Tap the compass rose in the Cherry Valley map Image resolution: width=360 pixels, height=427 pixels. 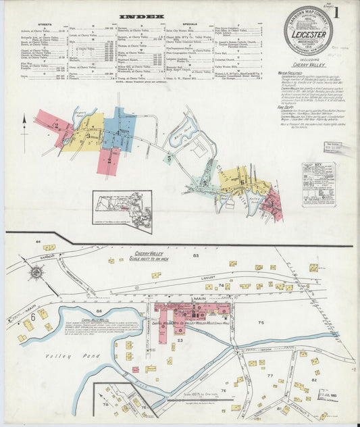pos(36,273)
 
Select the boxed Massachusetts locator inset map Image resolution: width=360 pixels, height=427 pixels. pos(122,210)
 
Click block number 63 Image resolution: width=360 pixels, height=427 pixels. pos(195,256)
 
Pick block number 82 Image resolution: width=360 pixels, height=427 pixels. pos(315,381)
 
